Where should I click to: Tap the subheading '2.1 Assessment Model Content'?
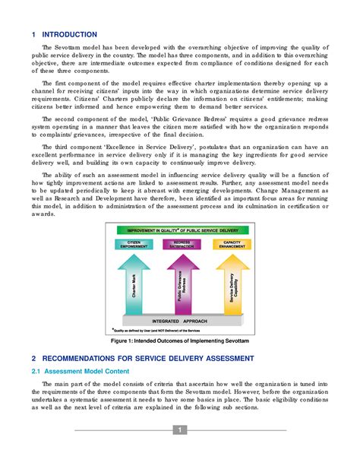(80, 371)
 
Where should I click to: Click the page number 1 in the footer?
(180, 430)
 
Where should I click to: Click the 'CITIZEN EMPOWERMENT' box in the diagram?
(134, 245)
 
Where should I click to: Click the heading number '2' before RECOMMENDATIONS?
(33, 357)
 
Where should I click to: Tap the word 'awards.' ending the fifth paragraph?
(42, 213)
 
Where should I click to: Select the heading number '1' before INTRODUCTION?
(33, 35)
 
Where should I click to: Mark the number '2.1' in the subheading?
(36, 371)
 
